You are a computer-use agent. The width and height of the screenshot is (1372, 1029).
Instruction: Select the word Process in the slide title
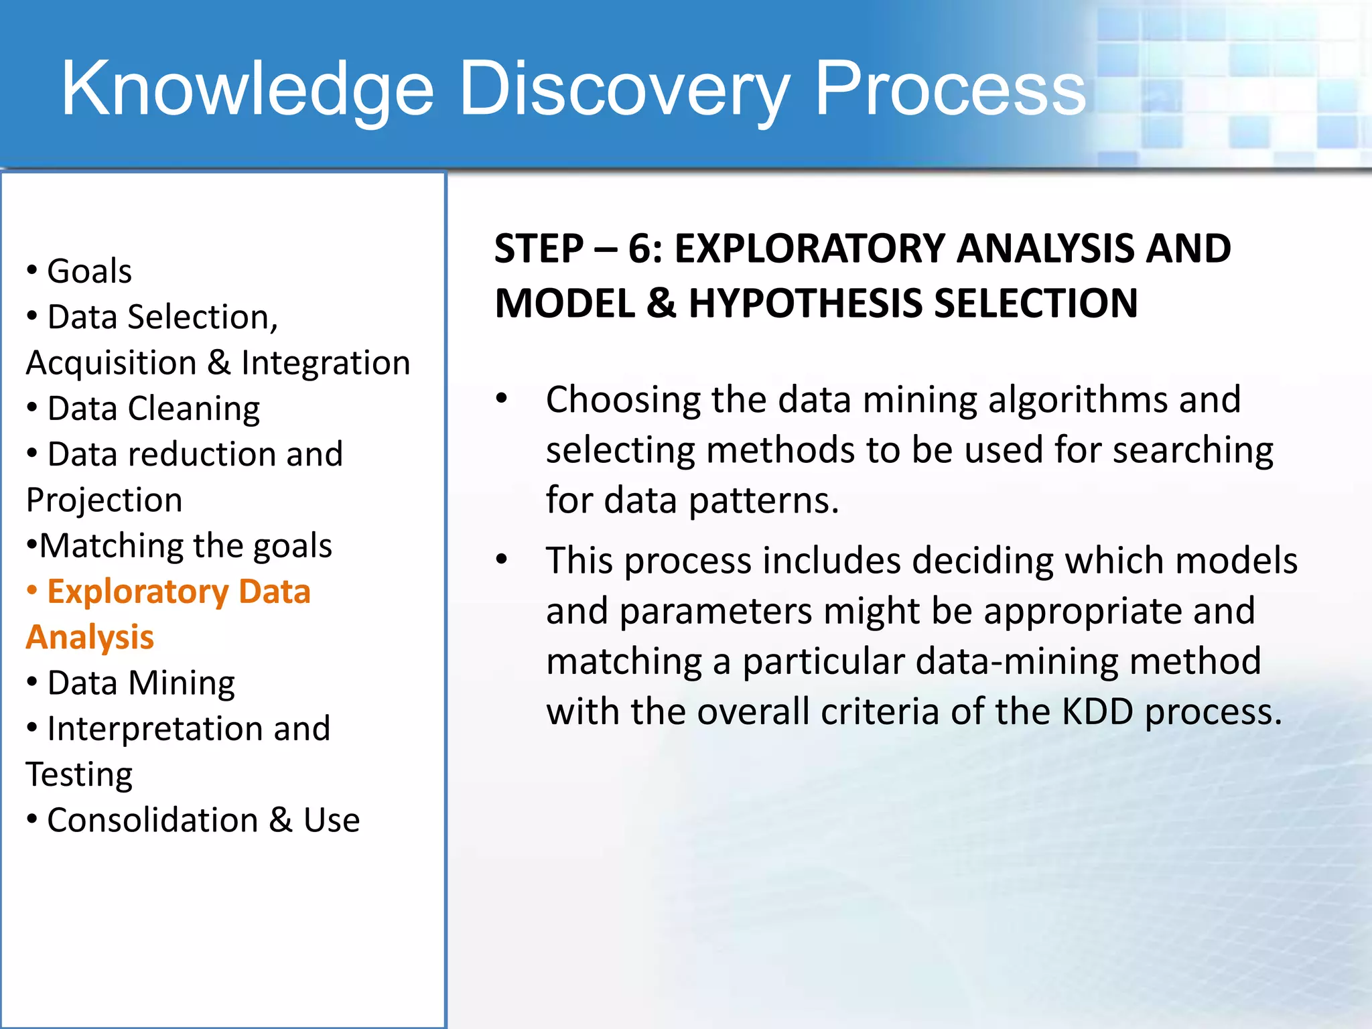[x=949, y=89]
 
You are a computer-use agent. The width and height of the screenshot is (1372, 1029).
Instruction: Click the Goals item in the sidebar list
[x=89, y=271]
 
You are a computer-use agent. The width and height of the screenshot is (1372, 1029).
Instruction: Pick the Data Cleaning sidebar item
[x=153, y=409]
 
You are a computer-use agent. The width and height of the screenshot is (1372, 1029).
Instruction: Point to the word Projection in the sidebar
[x=104, y=500]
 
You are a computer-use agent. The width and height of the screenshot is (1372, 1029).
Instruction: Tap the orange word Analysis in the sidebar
[x=90, y=637]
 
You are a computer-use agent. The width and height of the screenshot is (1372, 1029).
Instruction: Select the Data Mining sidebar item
[x=141, y=683]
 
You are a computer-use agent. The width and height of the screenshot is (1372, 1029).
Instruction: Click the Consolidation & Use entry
[x=203, y=821]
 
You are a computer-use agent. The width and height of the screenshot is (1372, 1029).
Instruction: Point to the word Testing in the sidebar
[x=79, y=775]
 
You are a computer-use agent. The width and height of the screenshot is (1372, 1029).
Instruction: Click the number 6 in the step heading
[x=639, y=249]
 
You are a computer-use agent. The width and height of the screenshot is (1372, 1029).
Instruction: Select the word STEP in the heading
[x=539, y=249]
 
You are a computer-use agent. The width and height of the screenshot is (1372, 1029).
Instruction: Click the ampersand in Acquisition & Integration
[x=218, y=363]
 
